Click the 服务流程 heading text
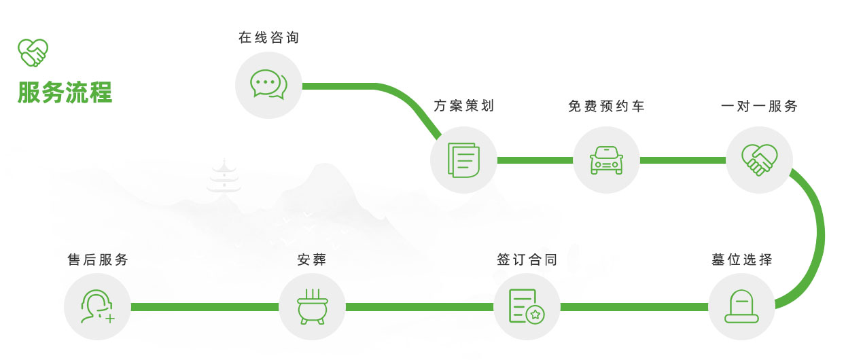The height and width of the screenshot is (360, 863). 65,92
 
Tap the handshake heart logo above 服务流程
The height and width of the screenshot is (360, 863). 33,52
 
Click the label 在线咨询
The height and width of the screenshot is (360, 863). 268,38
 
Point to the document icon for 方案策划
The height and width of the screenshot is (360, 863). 463,160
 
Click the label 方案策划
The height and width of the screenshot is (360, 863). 463,107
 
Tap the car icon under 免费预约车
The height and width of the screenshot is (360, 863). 606,160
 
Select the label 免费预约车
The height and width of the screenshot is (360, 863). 606,107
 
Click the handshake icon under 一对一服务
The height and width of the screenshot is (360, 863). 759,160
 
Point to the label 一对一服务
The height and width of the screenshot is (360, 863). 759,107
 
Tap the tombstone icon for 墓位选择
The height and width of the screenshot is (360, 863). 741,306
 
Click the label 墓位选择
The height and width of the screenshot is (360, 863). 741,260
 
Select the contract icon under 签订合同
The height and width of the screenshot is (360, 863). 527,306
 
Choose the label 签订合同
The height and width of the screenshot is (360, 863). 527,260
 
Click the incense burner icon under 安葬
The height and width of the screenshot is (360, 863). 312,306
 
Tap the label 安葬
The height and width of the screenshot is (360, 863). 312,260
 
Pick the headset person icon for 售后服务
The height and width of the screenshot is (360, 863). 97,306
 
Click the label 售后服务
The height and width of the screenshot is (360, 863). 97,260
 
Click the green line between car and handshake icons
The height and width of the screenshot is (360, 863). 682,160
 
